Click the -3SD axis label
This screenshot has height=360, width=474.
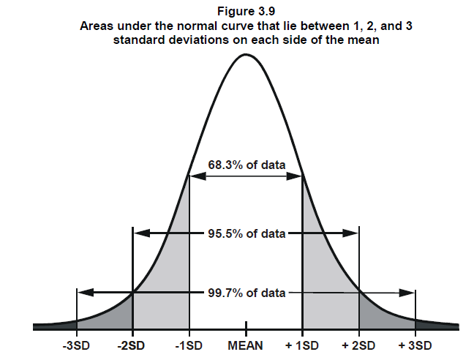click(x=76, y=345)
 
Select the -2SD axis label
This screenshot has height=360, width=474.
click(x=131, y=345)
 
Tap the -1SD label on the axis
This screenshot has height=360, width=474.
click(x=189, y=345)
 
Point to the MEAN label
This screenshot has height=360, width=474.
click(x=246, y=345)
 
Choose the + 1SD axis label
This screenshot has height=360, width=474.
click(x=302, y=345)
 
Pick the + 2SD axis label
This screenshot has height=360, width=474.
click(x=358, y=345)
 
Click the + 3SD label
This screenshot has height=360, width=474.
click(x=415, y=345)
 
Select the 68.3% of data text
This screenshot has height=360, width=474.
click(x=247, y=165)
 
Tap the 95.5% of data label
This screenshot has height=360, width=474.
click(x=247, y=233)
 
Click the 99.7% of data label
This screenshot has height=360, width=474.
click(x=247, y=293)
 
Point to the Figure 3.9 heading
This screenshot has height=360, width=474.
click(x=246, y=12)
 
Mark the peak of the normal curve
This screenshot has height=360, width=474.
click(x=246, y=54)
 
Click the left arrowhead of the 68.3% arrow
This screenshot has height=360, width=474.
click(x=198, y=176)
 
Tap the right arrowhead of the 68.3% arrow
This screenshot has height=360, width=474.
click(x=294, y=176)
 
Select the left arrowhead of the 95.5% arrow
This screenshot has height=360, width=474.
click(x=142, y=233)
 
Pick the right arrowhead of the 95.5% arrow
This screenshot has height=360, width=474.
click(x=350, y=233)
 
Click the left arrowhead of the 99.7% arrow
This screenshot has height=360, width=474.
click(x=86, y=292)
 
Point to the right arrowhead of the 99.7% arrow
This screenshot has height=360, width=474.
click(x=407, y=293)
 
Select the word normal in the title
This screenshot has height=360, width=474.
click(x=197, y=26)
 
